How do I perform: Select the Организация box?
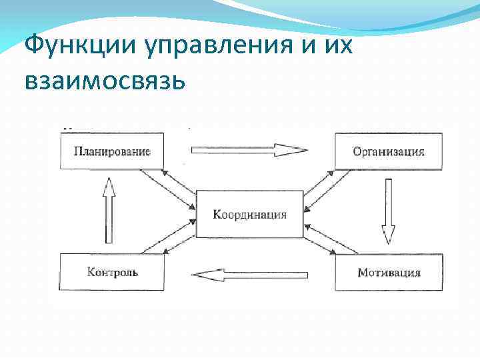(x=389, y=151)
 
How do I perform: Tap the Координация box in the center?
(x=249, y=214)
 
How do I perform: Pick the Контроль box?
(x=112, y=272)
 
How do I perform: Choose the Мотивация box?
(x=389, y=272)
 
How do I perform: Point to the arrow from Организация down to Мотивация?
(x=388, y=211)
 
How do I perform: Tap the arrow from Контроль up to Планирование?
(x=109, y=211)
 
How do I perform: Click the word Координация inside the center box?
(x=249, y=215)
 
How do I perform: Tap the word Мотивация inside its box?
(x=389, y=273)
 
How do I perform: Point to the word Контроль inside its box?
(x=112, y=273)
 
